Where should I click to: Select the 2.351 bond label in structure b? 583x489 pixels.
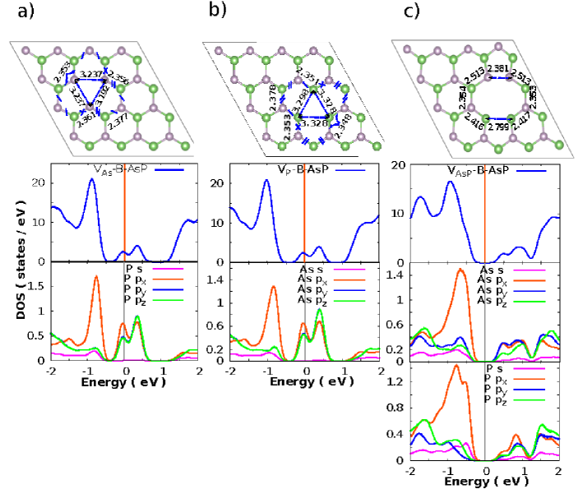coord(294,79)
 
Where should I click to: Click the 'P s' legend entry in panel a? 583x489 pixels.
coord(133,268)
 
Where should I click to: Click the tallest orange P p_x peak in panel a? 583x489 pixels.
coord(96,276)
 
